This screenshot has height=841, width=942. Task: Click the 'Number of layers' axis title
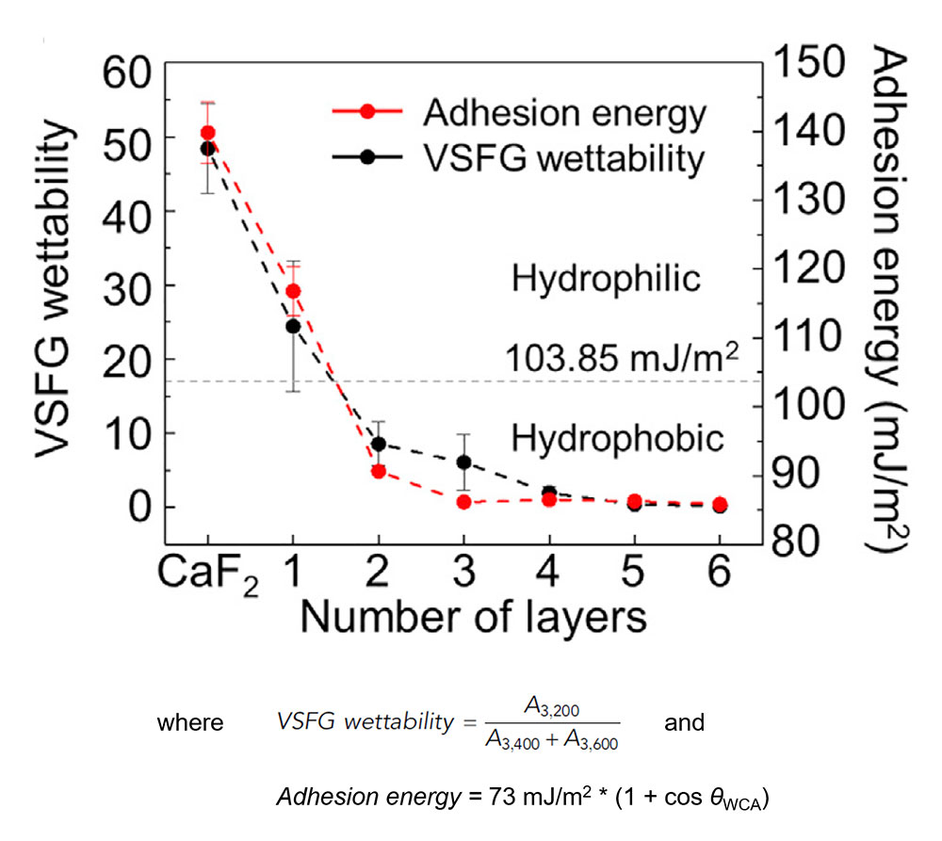point(472,619)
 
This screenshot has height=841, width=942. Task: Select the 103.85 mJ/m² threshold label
point(621,359)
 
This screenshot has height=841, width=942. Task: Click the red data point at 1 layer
point(293,291)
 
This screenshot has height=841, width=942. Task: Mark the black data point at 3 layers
point(463,462)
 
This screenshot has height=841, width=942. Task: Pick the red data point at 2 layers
point(379,471)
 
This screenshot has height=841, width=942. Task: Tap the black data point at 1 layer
point(293,326)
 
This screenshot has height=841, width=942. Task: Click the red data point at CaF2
point(208,133)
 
